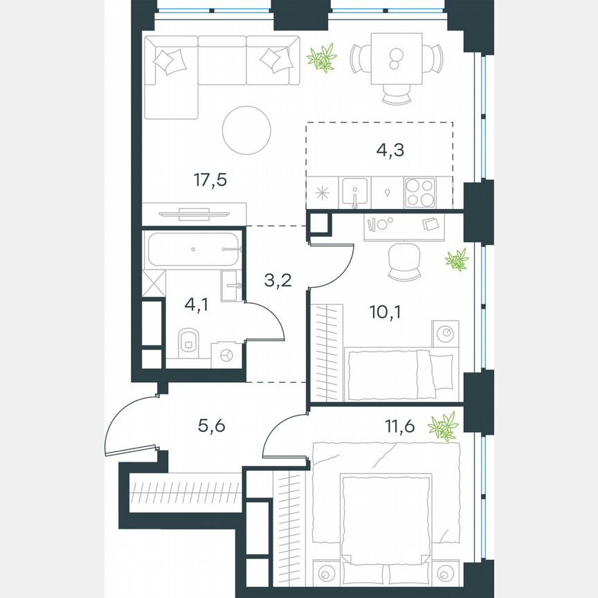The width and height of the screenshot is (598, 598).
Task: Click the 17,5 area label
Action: click(x=211, y=181)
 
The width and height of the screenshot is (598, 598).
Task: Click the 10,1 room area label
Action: click(x=384, y=311)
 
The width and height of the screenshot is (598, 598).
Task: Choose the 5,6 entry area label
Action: click(x=211, y=426)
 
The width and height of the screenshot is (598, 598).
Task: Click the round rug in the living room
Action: click(x=247, y=130)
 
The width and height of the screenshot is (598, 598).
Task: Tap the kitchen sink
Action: click(x=355, y=192)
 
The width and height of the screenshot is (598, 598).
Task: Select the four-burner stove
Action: click(x=420, y=192)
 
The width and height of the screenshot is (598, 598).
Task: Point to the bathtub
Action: click(x=193, y=248)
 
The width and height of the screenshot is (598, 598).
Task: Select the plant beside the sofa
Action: click(x=322, y=58)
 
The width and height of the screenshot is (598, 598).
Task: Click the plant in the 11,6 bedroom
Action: click(x=443, y=426)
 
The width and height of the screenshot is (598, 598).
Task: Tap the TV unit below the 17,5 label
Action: click(x=194, y=212)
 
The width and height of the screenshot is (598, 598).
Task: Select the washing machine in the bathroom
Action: click(x=226, y=354)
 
